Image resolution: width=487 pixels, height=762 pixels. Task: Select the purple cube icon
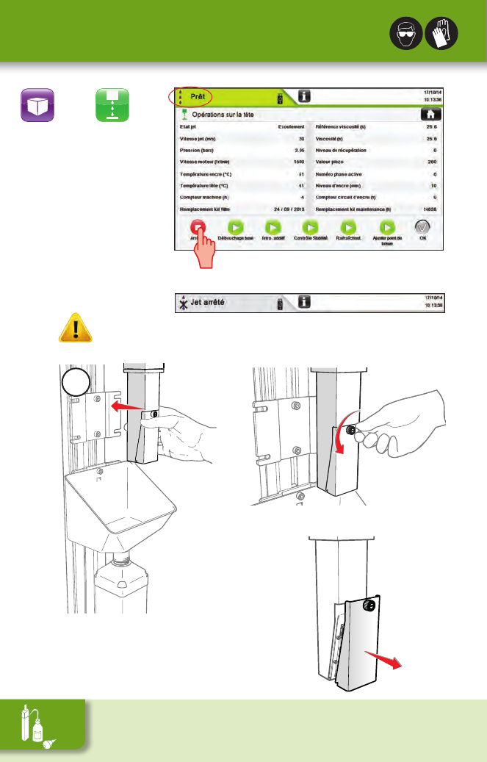coord(37,106)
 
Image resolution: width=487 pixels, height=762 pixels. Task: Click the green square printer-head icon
coord(112,106)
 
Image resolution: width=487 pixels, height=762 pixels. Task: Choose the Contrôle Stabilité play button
coord(311,228)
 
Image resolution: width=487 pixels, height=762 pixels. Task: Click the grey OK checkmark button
coord(422,228)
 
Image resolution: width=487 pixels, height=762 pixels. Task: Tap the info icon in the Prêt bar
coord(305,96)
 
